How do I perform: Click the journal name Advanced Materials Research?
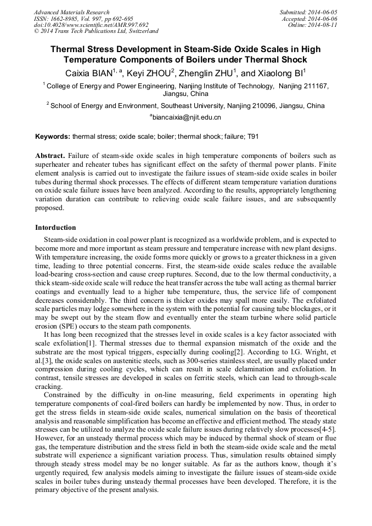click(71, 12)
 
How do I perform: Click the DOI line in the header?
click(91, 25)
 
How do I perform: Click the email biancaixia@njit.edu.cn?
click(187, 117)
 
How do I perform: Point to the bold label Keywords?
click(53, 135)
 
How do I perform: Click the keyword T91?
click(254, 135)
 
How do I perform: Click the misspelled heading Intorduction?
click(55, 227)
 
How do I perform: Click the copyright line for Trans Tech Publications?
click(96, 32)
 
